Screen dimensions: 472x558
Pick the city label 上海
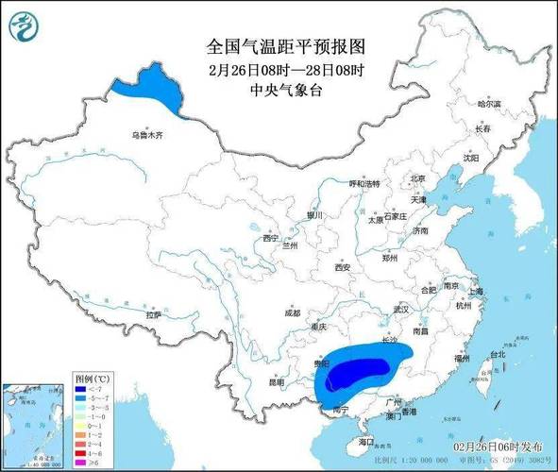(474, 292)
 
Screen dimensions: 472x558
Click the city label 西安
(342, 268)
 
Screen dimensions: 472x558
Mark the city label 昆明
(275, 382)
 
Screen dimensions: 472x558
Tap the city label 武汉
(401, 309)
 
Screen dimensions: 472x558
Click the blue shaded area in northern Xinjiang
(148, 88)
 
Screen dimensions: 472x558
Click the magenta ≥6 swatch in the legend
(82, 464)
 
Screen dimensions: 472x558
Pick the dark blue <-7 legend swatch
(82, 389)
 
